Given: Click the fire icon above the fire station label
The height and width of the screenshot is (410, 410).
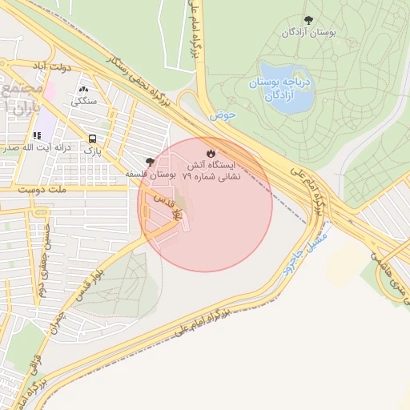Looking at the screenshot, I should [211, 152].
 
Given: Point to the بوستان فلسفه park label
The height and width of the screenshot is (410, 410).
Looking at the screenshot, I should [151, 173].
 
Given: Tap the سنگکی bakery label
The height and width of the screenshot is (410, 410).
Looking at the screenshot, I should [84, 101].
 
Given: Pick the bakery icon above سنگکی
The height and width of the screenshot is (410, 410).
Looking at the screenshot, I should [84, 89].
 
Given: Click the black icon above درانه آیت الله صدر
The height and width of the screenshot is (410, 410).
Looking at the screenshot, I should [37, 135].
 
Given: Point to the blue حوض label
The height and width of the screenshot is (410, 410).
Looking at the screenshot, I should [225, 115].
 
